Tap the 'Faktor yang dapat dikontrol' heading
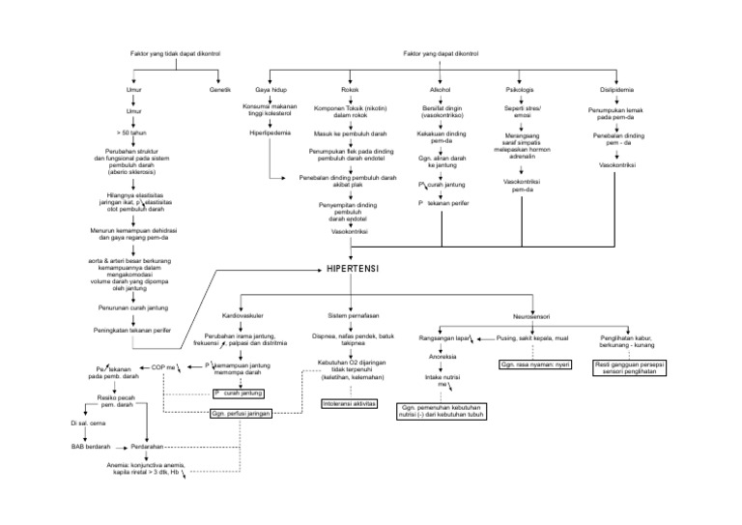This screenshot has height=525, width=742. (x=440, y=53)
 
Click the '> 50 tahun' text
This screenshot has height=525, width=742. (x=131, y=132)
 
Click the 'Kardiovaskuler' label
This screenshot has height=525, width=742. (x=243, y=315)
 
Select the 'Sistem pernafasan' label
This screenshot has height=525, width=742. (x=353, y=315)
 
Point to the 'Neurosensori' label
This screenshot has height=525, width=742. (x=528, y=317)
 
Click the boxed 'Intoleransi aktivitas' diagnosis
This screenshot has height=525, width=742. (x=350, y=402)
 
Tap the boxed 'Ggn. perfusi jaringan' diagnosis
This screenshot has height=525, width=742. (x=241, y=413)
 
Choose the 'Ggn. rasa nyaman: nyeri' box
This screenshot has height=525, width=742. (x=536, y=365)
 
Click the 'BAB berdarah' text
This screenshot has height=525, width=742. (x=91, y=447)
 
